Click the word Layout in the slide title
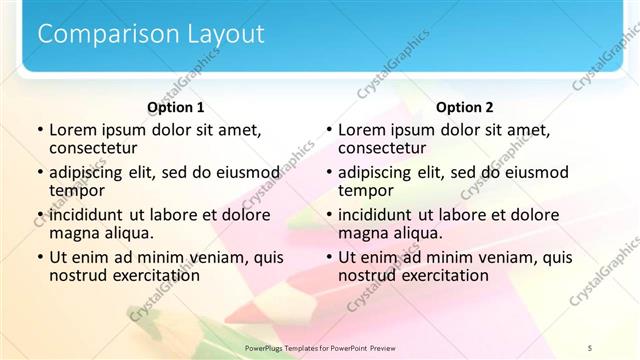[225, 34]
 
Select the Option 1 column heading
[175, 107]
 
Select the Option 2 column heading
[465, 107]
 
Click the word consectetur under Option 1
[94, 147]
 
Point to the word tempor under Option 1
[76, 190]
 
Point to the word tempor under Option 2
[365, 190]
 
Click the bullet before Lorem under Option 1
[40, 130]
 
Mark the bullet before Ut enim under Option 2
[329, 257]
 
